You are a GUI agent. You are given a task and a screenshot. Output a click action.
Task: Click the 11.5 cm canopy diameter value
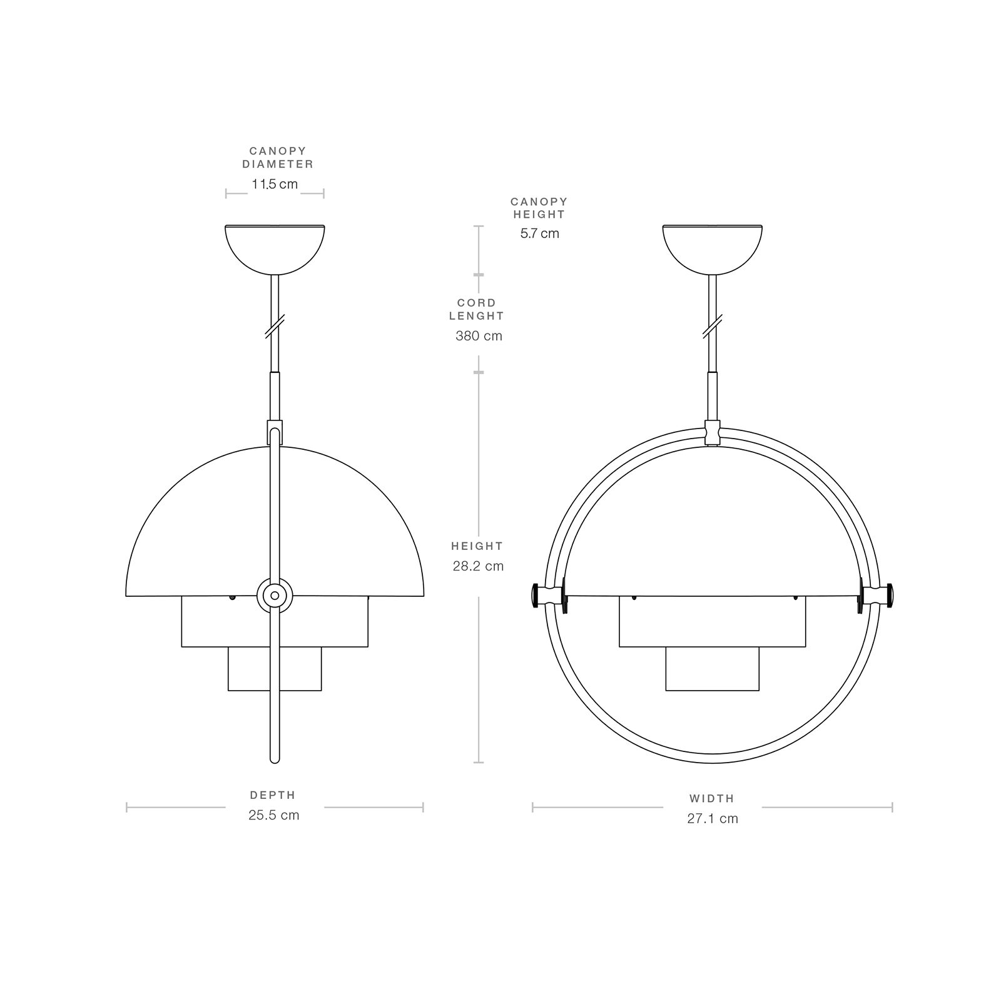pos(275,185)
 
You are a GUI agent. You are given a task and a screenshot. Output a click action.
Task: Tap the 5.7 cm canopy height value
pos(539,233)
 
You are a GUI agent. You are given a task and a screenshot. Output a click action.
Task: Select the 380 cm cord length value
pos(479,336)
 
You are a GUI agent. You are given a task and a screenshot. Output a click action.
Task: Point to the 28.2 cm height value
pos(478,566)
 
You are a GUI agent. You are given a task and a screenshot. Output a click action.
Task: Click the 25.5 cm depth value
pos(274,815)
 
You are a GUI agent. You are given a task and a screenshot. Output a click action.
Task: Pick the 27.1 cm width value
pos(713,818)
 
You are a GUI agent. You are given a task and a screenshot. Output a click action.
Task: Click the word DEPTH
pos(273,795)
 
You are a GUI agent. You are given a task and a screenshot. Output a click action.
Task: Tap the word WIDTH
pos(712,798)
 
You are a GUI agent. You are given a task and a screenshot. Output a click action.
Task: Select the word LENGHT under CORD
pos(477,316)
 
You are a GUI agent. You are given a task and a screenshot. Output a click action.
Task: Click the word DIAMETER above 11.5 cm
pos(278,164)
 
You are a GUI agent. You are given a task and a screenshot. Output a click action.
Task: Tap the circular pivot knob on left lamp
pos(275,596)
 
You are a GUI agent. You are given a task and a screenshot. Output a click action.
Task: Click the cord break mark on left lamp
pos(275,327)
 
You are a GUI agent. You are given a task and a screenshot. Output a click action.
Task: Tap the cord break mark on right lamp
pos(713,327)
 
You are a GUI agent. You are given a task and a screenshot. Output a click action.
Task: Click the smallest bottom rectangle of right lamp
pos(713,669)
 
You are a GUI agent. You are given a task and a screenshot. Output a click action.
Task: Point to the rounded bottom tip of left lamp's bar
pos(274,759)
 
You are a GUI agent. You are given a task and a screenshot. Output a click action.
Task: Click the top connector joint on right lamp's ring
pos(713,432)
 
